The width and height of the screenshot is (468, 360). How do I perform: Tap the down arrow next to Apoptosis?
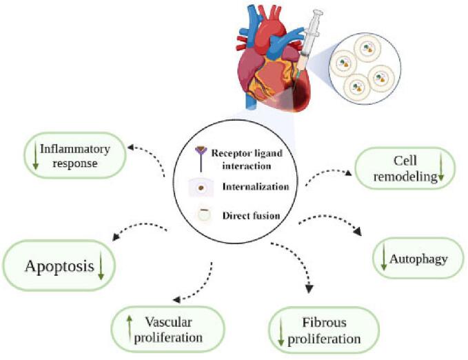pyautogui.click(x=101, y=266)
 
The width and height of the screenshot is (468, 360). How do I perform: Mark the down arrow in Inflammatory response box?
pyautogui.click(x=32, y=156)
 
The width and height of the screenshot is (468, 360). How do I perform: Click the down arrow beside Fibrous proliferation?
pyautogui.click(x=281, y=331)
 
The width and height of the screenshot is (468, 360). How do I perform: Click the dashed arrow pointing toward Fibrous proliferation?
pyautogui.click(x=294, y=265)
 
